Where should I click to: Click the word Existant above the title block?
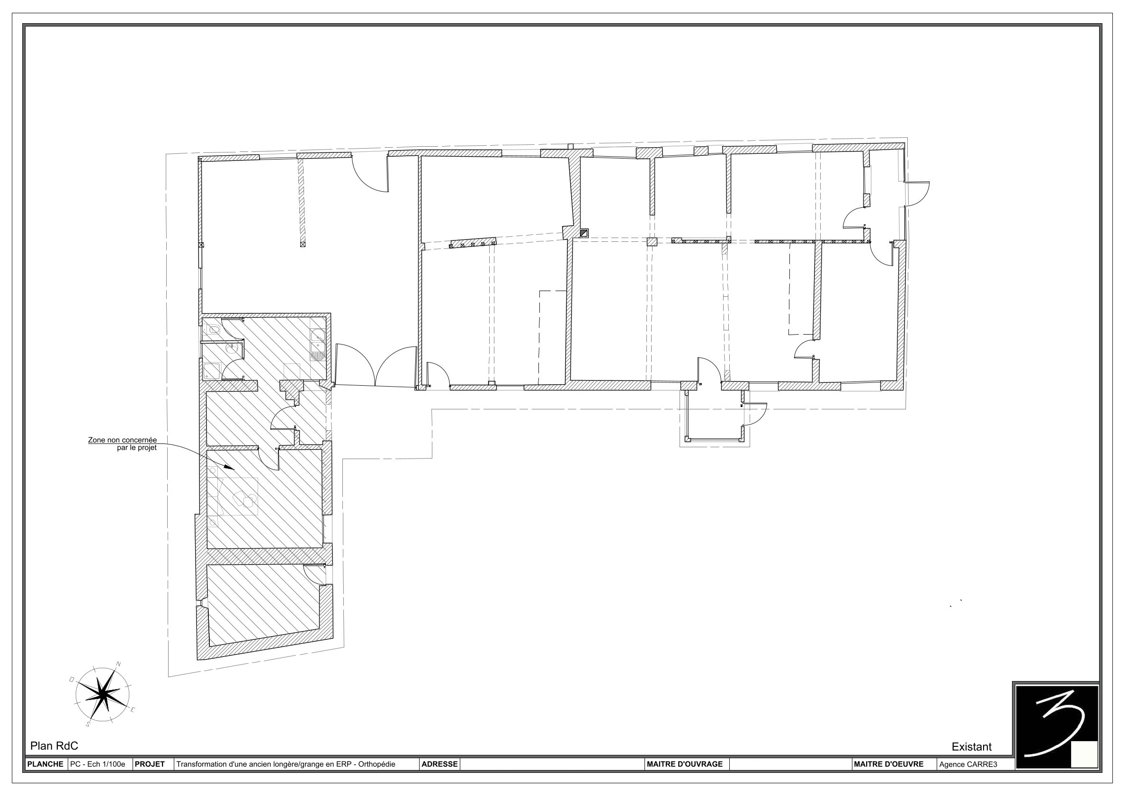point(971,747)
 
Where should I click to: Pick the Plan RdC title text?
point(54,746)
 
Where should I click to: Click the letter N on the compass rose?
point(118,664)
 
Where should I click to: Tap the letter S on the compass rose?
point(88,724)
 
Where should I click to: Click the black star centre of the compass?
point(103,694)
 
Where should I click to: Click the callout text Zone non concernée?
point(122,440)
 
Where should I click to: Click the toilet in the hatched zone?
point(213,329)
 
